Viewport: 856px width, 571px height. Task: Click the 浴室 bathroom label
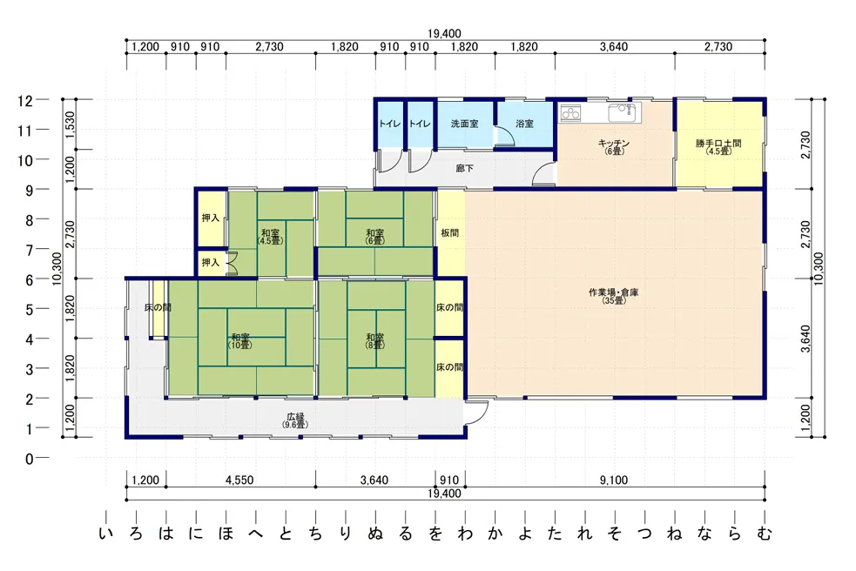524,124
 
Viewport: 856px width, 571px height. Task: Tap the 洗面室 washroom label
464,124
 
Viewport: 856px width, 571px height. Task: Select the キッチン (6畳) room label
614,147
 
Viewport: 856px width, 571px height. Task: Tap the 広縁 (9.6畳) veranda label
295,420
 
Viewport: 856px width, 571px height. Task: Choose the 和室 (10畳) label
240,341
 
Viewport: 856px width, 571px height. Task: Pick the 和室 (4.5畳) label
270,237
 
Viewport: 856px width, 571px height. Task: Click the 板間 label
450,233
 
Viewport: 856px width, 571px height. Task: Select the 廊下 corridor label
464,169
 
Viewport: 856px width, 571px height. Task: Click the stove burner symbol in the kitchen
571,113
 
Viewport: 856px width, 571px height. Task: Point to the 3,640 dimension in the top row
614,47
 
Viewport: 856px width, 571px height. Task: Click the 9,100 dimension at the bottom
614,480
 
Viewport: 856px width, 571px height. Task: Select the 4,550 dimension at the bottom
239,480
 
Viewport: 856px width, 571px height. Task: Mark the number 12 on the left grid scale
25,101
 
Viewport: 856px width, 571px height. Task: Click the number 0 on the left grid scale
29,459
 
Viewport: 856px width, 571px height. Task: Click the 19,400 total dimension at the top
444,34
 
